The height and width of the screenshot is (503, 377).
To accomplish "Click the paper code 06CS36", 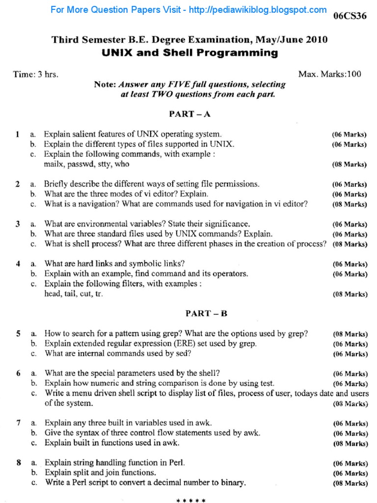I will (350, 17).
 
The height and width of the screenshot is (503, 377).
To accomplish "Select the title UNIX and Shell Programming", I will (189, 53).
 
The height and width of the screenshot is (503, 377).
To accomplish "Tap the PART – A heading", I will (189, 114).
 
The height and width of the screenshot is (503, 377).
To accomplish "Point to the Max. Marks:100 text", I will (329, 74).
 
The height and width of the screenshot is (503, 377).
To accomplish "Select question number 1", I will (17, 134).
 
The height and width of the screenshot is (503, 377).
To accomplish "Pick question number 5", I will (18, 334).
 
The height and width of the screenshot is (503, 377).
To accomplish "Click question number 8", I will (18, 462).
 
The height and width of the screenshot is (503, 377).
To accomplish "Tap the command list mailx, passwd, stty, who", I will (86, 164).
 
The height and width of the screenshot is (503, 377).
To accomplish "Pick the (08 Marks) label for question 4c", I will (350, 294).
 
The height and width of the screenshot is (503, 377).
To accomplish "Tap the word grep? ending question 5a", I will (297, 334).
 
